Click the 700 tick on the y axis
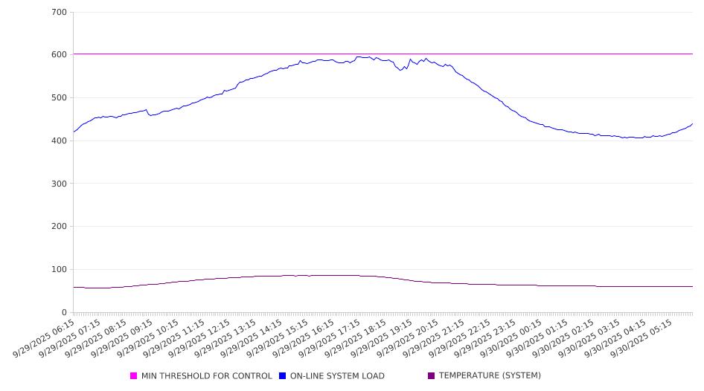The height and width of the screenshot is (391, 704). tap(59, 13)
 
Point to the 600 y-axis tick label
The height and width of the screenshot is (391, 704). tap(59, 55)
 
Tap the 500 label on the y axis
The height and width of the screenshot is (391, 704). tap(59, 98)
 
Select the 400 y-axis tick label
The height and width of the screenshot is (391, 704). tap(59, 141)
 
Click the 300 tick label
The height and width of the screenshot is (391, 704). tap(59, 184)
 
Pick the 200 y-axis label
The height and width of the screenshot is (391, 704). tap(59, 227)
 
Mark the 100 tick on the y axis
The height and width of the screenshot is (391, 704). tap(59, 270)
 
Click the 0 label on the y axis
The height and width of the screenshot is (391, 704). tap(64, 312)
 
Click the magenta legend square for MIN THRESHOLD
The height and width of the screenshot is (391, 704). tap(134, 376)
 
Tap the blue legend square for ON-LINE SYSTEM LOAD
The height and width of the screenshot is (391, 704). tap(283, 376)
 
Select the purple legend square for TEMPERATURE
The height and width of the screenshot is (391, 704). tap(432, 376)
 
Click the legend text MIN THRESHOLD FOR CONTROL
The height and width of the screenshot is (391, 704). tap(206, 376)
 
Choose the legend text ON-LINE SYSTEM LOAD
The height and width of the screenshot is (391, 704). tap(336, 376)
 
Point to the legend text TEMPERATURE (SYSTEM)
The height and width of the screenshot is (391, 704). tap(490, 376)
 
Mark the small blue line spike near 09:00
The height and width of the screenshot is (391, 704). tap(146, 110)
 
